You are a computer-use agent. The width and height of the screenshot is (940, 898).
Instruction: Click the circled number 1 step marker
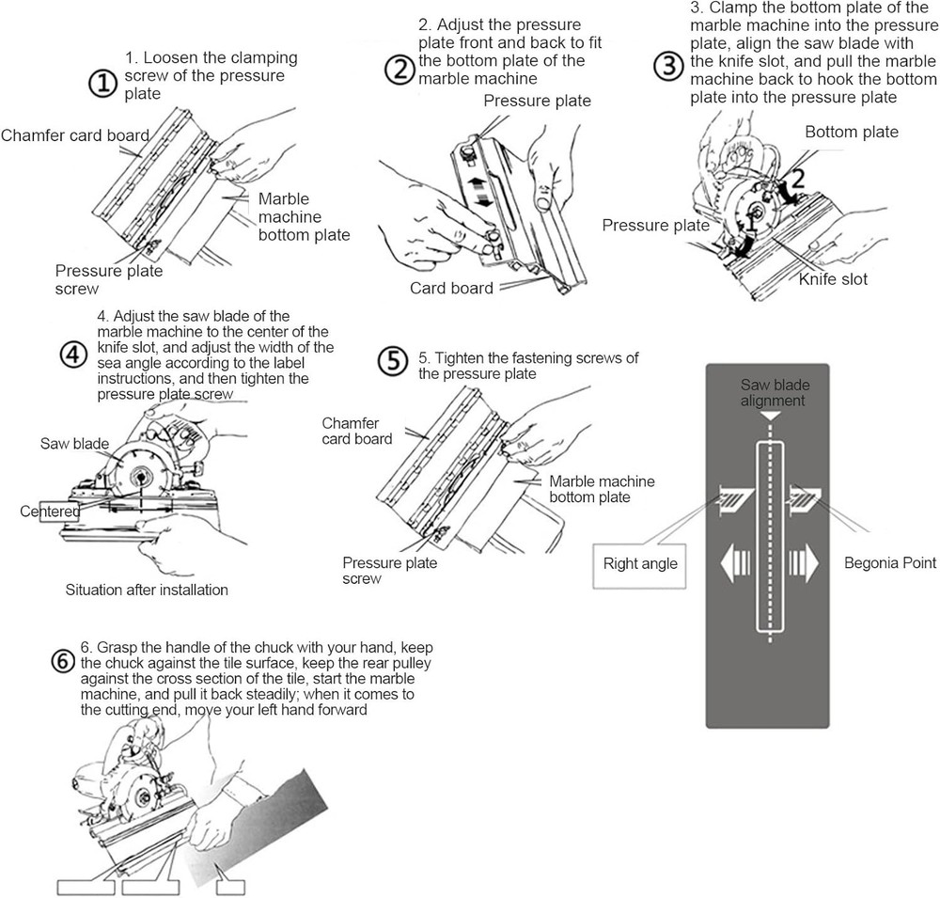[102, 84]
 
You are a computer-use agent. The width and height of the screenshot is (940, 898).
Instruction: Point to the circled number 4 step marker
[71, 353]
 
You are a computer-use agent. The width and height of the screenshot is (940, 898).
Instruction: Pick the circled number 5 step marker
[391, 360]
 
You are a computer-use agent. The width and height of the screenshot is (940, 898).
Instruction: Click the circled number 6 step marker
[62, 661]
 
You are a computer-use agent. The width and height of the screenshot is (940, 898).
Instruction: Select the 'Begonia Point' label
[889, 563]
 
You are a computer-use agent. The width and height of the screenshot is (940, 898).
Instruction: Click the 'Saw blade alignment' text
[773, 393]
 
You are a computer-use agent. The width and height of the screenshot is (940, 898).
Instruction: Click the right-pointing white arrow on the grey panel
[805, 564]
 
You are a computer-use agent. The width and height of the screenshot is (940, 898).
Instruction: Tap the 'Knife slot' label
[833, 279]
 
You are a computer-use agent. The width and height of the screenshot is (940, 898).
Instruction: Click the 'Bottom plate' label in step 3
[851, 133]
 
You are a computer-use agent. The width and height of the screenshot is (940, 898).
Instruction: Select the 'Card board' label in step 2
[451, 288]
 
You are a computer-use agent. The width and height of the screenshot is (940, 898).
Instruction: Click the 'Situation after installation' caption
[147, 591]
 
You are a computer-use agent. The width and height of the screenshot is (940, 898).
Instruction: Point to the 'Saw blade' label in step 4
[75, 443]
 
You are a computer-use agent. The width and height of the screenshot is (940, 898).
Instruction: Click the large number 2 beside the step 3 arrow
[795, 179]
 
